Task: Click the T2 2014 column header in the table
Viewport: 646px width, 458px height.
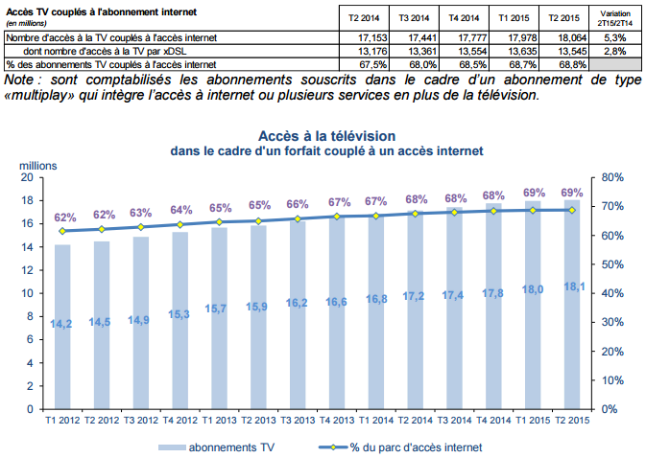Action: click(366, 17)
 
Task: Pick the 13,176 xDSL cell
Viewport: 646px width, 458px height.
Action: click(366, 50)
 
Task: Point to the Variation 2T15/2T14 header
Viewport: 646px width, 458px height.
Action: click(616, 17)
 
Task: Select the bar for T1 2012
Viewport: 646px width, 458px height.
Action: click(62, 326)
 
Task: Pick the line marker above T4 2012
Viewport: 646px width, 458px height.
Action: click(179, 224)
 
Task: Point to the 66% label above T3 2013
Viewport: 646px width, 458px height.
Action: click(298, 204)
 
